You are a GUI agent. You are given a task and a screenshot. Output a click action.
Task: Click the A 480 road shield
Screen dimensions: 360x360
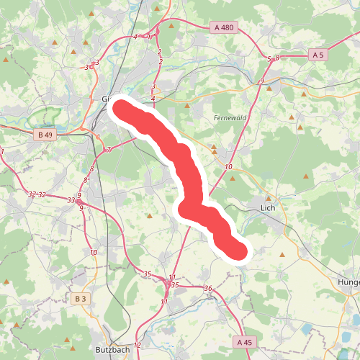point(225,27)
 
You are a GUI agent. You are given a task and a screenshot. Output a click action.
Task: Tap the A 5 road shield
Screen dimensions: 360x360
point(318,55)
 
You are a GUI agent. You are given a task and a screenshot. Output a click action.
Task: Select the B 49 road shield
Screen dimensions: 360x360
point(44,134)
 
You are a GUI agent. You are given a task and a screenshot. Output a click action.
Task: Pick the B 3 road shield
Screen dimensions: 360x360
point(80,298)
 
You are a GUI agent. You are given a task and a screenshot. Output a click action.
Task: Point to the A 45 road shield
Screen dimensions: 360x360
point(244,343)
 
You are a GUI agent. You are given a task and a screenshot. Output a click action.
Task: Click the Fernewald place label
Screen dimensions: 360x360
point(230,117)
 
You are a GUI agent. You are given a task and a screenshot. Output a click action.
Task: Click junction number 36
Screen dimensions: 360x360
point(208,289)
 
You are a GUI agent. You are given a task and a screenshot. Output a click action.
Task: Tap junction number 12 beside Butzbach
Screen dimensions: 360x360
point(138,346)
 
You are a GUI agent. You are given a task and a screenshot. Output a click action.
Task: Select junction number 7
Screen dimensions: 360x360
point(108,150)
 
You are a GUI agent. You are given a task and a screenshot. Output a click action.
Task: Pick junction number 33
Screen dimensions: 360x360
point(71,199)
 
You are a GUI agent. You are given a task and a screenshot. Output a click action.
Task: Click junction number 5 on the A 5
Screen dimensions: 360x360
point(269,58)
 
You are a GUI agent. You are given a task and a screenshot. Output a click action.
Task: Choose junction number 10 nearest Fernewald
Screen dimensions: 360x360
point(228,167)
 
